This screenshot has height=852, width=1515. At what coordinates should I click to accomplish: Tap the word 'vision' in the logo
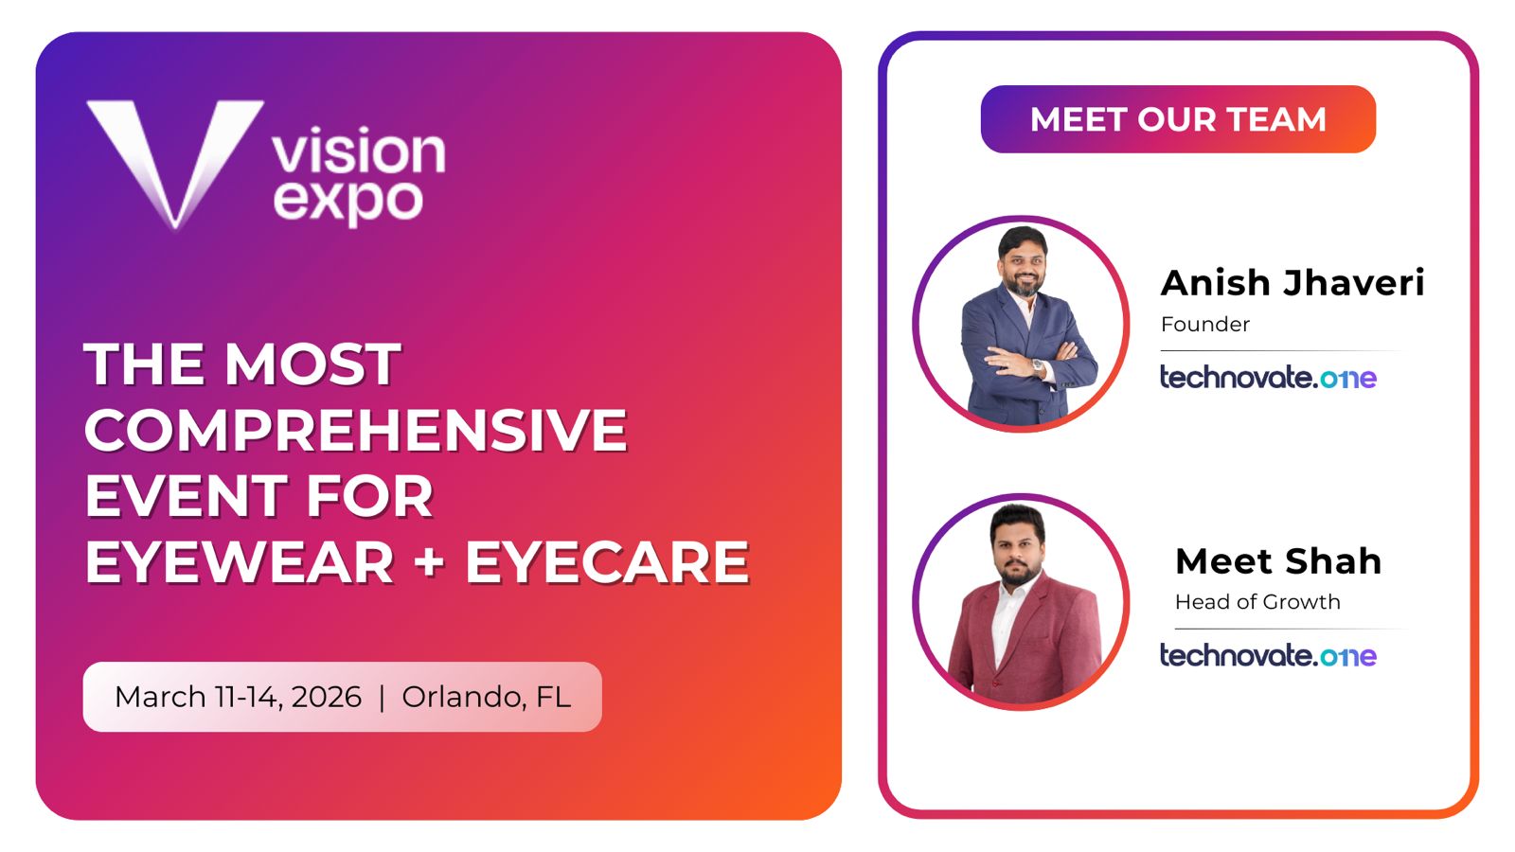[x=359, y=151]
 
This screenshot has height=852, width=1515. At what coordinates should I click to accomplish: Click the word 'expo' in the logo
[x=348, y=202]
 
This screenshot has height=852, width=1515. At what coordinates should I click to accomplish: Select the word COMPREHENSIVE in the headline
[x=356, y=430]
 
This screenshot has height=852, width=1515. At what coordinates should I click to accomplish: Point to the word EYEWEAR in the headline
[x=240, y=562]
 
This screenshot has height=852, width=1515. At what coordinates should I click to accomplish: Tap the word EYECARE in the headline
[x=607, y=562]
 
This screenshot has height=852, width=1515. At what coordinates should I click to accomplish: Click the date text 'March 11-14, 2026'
[x=238, y=697]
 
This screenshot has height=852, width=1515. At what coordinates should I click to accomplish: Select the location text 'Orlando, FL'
[x=487, y=697]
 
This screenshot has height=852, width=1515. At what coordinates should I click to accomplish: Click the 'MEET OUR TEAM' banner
[x=1178, y=119]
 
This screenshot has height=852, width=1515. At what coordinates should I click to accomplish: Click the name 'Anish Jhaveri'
[x=1292, y=283]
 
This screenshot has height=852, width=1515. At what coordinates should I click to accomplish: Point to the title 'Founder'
[x=1205, y=325]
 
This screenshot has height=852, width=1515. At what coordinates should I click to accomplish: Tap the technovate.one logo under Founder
[x=1268, y=378]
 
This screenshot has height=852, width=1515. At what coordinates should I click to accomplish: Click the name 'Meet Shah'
[x=1278, y=561]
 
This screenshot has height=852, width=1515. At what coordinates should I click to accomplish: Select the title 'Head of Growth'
[x=1257, y=602]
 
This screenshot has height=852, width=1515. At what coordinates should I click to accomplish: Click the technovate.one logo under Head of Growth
[x=1268, y=655]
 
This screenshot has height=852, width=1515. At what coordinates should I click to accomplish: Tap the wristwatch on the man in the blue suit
[x=1037, y=365]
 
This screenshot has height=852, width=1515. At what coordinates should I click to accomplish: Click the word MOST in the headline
[x=312, y=364]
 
